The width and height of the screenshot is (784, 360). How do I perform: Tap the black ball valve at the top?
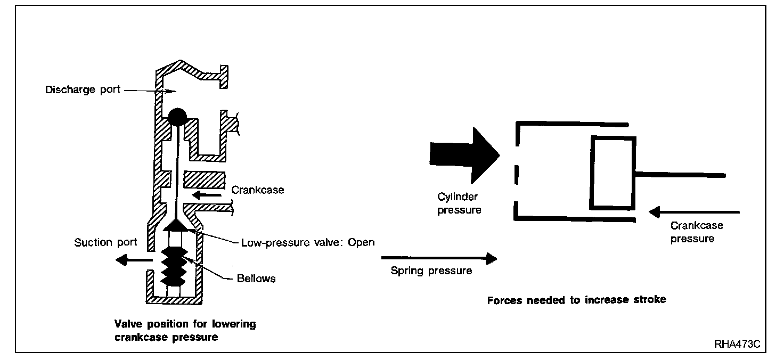tap(176, 117)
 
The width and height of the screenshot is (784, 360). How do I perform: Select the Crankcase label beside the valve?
tap(258, 190)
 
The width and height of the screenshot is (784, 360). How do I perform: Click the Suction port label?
tap(105, 242)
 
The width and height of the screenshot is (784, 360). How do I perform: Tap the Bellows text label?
tap(256, 279)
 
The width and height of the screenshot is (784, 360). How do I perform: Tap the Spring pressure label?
tap(431, 271)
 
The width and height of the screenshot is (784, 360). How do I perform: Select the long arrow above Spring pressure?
tap(439, 258)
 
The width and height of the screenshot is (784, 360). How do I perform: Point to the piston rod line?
tap(680, 174)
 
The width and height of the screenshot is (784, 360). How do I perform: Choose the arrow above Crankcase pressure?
tap(695, 212)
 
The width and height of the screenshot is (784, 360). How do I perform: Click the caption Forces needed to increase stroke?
tap(576, 300)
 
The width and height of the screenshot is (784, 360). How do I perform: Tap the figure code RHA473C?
tap(737, 344)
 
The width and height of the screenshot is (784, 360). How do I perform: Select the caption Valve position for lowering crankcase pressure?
tap(185, 330)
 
